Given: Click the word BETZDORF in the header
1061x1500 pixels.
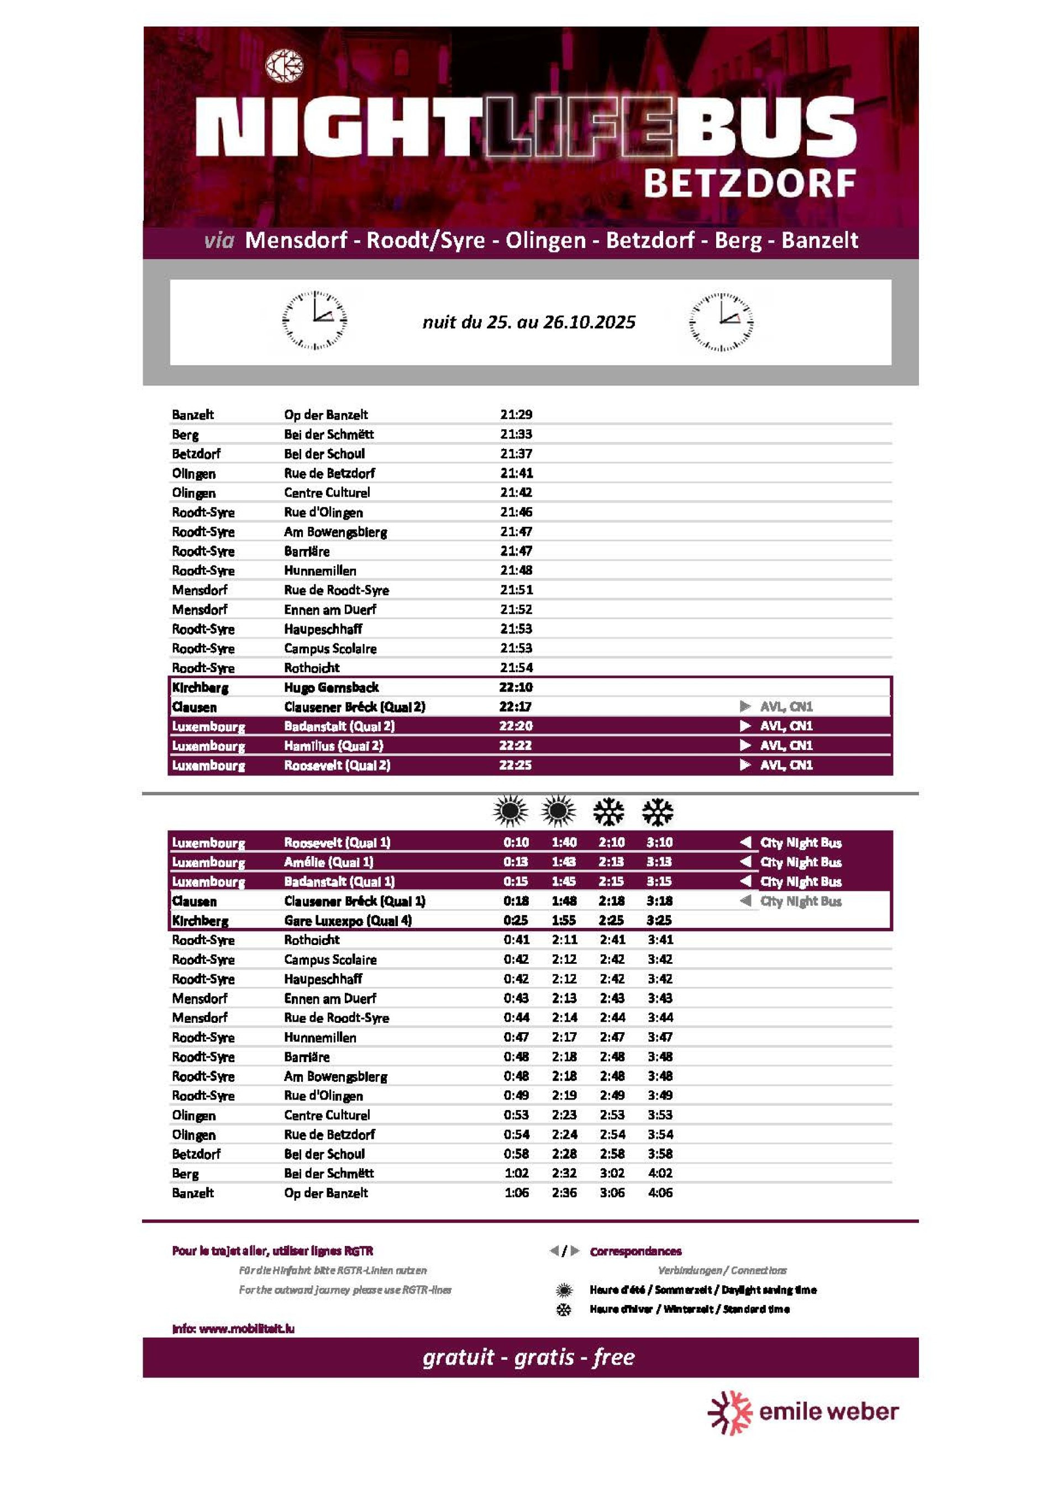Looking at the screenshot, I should (x=749, y=183).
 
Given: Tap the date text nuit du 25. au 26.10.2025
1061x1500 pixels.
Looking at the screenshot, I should (x=529, y=322).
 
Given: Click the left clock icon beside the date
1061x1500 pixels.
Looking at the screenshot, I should (x=314, y=320).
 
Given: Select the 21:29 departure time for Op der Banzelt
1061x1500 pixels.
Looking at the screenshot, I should (x=516, y=414).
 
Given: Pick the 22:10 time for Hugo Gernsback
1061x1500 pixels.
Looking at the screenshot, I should (x=516, y=687).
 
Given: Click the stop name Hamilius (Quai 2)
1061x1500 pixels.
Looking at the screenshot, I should (x=333, y=746).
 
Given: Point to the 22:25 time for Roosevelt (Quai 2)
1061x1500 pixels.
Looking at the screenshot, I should (x=515, y=765).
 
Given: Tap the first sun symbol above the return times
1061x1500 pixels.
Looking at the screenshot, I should (x=511, y=811).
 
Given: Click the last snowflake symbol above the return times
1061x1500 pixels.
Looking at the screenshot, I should (x=658, y=811).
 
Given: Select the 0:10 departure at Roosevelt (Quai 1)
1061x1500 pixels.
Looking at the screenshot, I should (x=516, y=843).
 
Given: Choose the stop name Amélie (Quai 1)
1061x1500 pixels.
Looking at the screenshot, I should (x=328, y=862).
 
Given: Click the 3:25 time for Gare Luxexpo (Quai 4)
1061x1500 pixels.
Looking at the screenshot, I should (x=659, y=921).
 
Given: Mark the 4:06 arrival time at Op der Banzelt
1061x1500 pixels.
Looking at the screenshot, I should (x=660, y=1193).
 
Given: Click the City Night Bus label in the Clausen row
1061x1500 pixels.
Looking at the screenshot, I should (x=800, y=901).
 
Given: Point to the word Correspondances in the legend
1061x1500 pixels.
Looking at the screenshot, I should (x=635, y=1251).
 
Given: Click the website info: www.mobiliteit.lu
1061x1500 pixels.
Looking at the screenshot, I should (x=233, y=1329).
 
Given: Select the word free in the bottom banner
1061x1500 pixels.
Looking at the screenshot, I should (x=614, y=1358).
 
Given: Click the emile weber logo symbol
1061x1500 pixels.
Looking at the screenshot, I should (x=730, y=1412).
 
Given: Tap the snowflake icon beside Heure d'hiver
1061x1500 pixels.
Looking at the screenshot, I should (x=564, y=1310).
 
